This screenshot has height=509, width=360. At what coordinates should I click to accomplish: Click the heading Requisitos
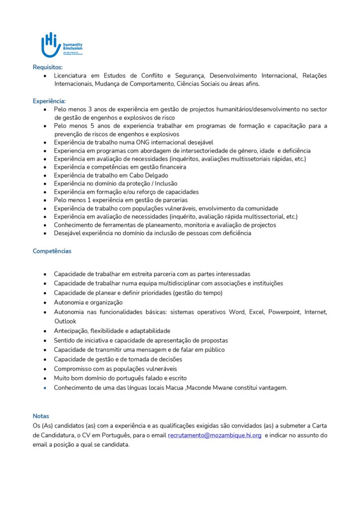[x=47, y=67]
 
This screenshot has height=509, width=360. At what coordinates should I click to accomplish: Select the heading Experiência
[x=49, y=101]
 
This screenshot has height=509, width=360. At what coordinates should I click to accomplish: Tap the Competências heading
[x=52, y=251]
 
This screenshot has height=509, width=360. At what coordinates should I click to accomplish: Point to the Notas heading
[x=41, y=416]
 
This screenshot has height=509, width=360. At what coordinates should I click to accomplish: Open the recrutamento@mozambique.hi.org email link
[x=214, y=435]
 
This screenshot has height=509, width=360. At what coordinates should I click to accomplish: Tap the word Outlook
[x=65, y=321]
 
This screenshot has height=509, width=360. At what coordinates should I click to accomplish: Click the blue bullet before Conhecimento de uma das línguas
[x=45, y=388]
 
